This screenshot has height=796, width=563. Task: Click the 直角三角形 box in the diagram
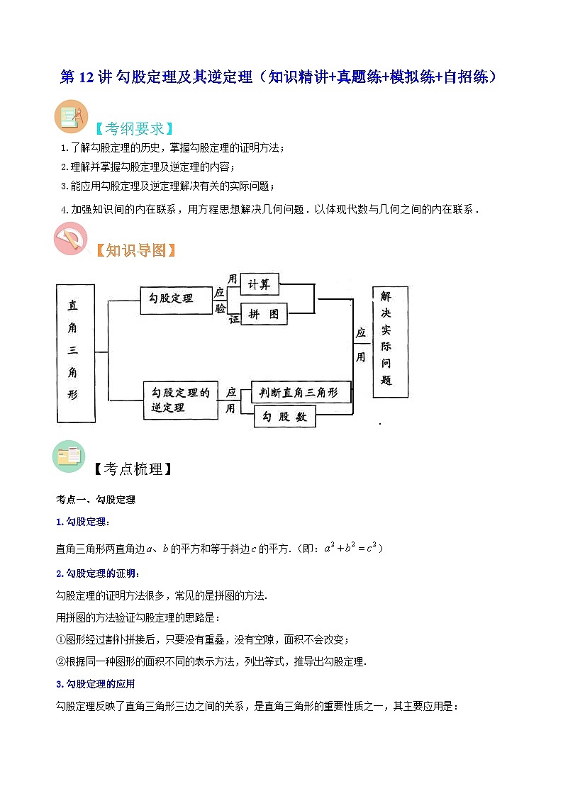75,354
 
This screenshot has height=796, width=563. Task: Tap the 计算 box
260,284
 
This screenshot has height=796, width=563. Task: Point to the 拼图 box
264,314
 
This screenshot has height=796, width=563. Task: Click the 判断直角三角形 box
301,392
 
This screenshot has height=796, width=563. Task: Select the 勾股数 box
284,417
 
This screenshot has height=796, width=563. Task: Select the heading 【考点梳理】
133,469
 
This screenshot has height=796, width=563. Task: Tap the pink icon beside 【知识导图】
71,239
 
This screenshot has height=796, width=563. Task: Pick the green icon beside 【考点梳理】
69,457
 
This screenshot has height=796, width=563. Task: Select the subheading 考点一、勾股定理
96,500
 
